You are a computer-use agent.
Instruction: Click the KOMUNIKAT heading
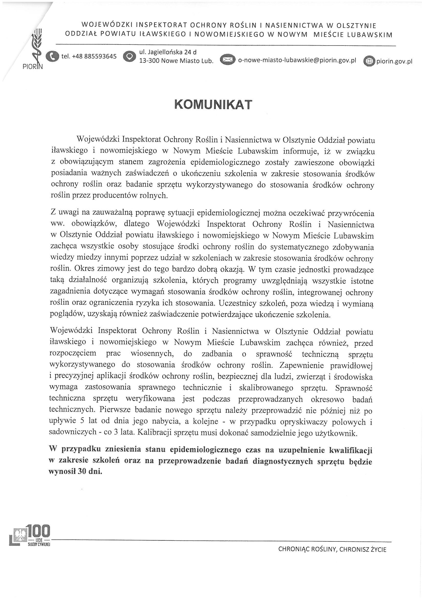(213, 104)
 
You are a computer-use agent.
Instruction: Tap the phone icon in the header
(52, 56)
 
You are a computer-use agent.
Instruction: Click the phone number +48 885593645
(89, 56)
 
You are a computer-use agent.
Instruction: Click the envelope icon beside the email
(228, 60)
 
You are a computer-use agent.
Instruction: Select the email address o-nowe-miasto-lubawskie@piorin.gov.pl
(297, 60)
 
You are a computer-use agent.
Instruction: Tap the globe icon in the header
(369, 61)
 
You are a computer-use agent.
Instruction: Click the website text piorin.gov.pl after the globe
(394, 61)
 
